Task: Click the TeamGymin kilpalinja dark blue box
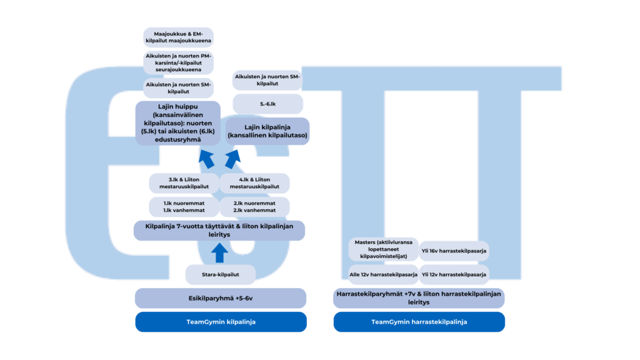tap(221, 322)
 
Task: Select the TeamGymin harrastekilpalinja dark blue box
tap(419, 322)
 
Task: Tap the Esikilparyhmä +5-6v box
tap(221, 298)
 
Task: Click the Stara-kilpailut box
tap(221, 274)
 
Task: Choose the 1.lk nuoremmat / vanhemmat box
tap(184, 207)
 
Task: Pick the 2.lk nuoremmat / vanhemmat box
tap(254, 207)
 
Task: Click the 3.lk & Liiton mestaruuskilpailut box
tap(184, 183)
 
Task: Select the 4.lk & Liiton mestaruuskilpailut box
tap(254, 183)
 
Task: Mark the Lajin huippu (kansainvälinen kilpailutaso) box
tap(178, 124)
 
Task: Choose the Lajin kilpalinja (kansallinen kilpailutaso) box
tap(267, 131)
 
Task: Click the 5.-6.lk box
tap(267, 104)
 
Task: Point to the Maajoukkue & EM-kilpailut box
tap(178, 37)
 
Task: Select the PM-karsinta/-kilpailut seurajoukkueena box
tap(178, 62)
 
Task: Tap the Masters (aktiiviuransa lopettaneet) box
tap(383, 249)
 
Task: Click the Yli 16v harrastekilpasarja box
tap(454, 251)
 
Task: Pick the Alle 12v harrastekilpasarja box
tap(383, 274)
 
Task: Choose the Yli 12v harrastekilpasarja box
tap(454, 274)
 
